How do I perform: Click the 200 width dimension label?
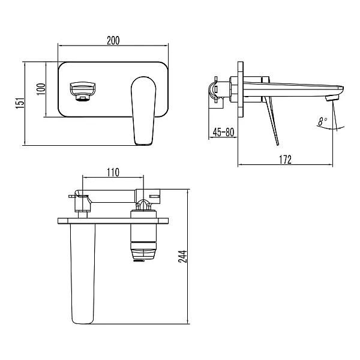[113, 40]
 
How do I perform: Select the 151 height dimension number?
[20, 103]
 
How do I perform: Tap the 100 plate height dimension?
[41, 89]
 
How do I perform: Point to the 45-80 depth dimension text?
[223, 132]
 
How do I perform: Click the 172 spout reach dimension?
[286, 160]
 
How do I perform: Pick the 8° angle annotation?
[323, 121]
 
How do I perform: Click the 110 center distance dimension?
[113, 172]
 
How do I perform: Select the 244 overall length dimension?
[183, 256]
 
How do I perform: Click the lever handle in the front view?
[143, 110]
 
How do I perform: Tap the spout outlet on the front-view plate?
[82, 91]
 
